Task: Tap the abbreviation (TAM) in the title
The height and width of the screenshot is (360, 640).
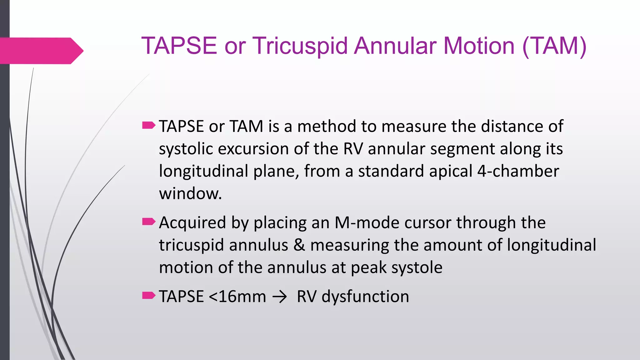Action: (554, 46)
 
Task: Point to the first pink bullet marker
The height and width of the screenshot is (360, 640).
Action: (148, 126)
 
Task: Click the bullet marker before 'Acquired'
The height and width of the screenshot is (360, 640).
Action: (148, 222)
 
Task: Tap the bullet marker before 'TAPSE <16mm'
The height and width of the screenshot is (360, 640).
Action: (148, 295)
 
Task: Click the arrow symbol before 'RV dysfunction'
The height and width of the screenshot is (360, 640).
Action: (279, 297)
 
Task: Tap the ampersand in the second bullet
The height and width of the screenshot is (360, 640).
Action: (299, 245)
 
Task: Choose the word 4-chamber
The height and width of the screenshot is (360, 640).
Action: (518, 171)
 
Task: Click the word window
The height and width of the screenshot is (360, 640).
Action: (190, 194)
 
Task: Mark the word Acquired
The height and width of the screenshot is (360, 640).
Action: (192, 222)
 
